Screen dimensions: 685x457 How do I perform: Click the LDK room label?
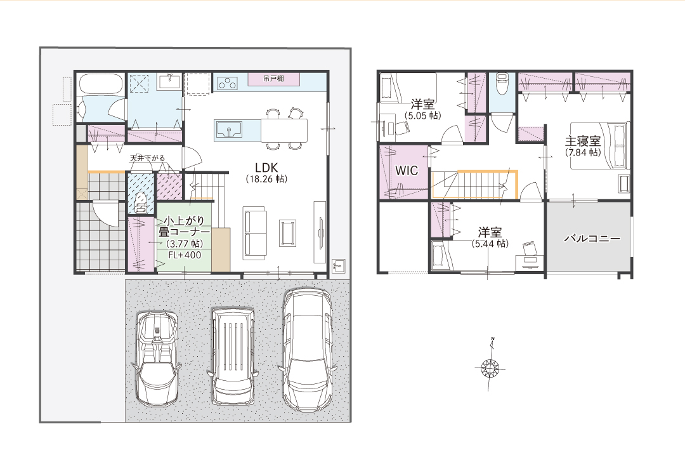(266, 168)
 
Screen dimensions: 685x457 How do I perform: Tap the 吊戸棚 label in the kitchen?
(273, 79)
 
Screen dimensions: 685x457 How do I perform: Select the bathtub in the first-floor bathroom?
(101, 84)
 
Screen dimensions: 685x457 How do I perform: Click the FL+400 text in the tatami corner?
(185, 255)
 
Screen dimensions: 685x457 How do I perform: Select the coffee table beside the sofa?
(287, 233)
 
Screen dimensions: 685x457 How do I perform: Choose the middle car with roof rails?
(232, 356)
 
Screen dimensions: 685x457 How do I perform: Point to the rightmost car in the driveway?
(310, 350)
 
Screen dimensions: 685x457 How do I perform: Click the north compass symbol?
(490, 368)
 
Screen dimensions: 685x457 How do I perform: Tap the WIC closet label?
(407, 171)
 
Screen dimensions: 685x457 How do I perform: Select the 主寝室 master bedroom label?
(583, 142)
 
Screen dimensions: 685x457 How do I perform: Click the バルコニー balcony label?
(592, 239)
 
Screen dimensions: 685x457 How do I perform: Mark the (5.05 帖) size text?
(422, 116)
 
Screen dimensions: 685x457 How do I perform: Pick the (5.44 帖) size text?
(490, 244)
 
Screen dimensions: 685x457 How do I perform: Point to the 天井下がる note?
(147, 158)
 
